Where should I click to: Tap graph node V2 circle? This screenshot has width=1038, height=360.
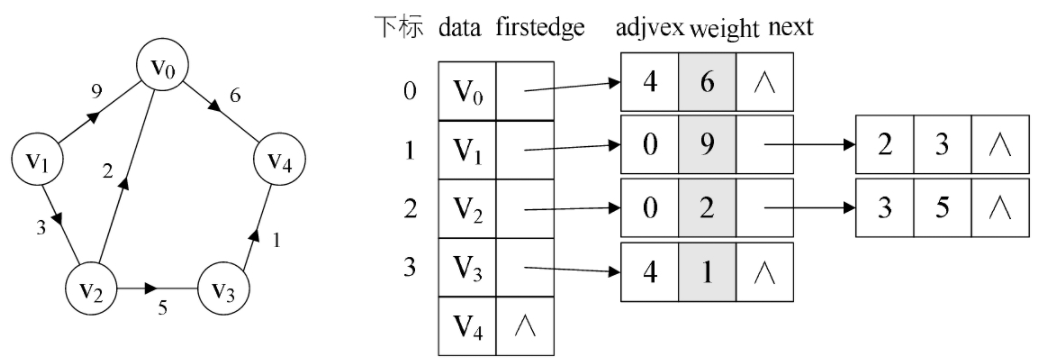pos(92,290)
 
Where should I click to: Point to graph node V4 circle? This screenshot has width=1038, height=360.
pos(278,160)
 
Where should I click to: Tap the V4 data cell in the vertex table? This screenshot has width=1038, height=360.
pos(466,325)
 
